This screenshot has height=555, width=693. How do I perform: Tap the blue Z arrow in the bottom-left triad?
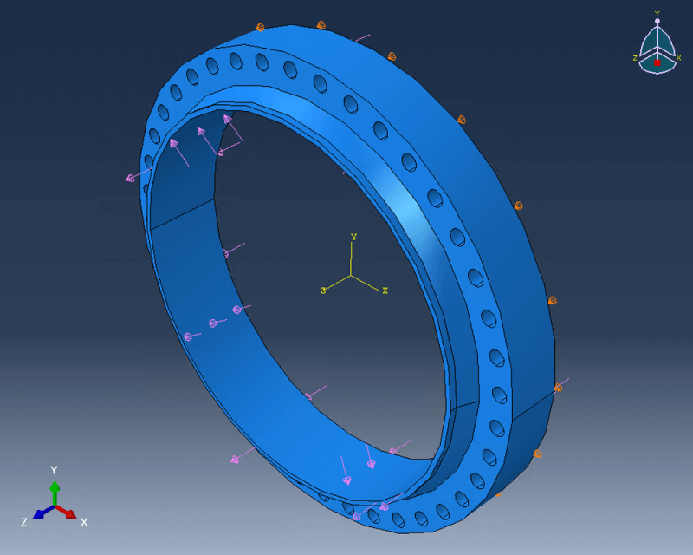[x=41, y=513]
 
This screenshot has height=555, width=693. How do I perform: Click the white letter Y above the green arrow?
[x=54, y=470]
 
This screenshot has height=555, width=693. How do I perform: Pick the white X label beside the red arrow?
[x=84, y=522]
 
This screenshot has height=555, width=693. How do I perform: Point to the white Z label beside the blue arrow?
[x=24, y=522]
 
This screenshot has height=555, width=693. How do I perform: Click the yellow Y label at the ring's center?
[x=353, y=237]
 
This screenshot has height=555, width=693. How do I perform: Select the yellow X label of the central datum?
[x=385, y=291]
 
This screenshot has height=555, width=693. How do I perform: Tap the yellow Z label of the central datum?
[x=322, y=291]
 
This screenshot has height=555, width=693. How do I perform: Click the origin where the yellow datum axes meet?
[x=351, y=276]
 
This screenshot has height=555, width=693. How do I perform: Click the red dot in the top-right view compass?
[x=657, y=62]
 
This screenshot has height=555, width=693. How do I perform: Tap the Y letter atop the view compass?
[x=657, y=13]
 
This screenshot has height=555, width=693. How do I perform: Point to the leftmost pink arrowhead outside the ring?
[x=131, y=179]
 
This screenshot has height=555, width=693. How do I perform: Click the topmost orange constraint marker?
[x=321, y=25]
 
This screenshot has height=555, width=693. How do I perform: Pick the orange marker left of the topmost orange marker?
[x=259, y=29]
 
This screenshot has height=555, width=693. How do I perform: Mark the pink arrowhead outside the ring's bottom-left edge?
[x=235, y=459]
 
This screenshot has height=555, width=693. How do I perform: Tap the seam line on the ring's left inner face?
[x=182, y=213]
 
